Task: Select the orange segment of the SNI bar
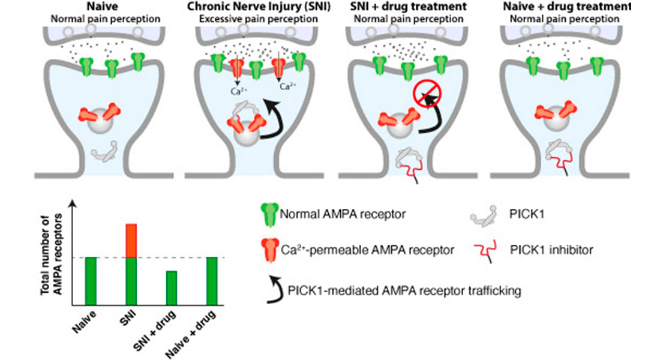coord(131,241)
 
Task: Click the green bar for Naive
coord(91,281)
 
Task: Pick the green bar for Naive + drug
coord(211,281)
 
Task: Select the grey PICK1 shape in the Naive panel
coord(104,151)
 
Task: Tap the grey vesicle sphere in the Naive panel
coord(99,125)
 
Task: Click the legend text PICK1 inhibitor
coord(547,249)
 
